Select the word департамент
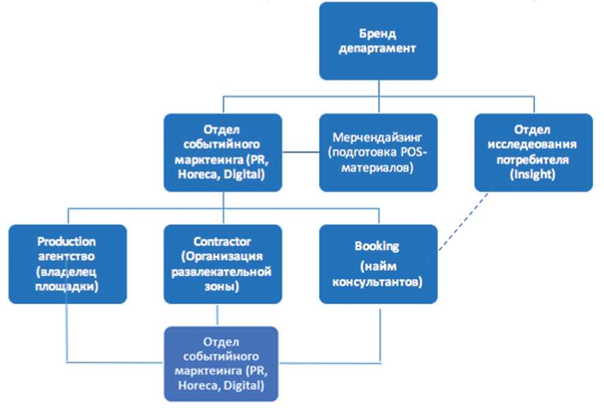[378, 48]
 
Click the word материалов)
[378, 167]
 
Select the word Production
[67, 241]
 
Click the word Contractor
[222, 241]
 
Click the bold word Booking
[377, 246]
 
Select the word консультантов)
[377, 280]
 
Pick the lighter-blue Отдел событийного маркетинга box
[222, 363]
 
